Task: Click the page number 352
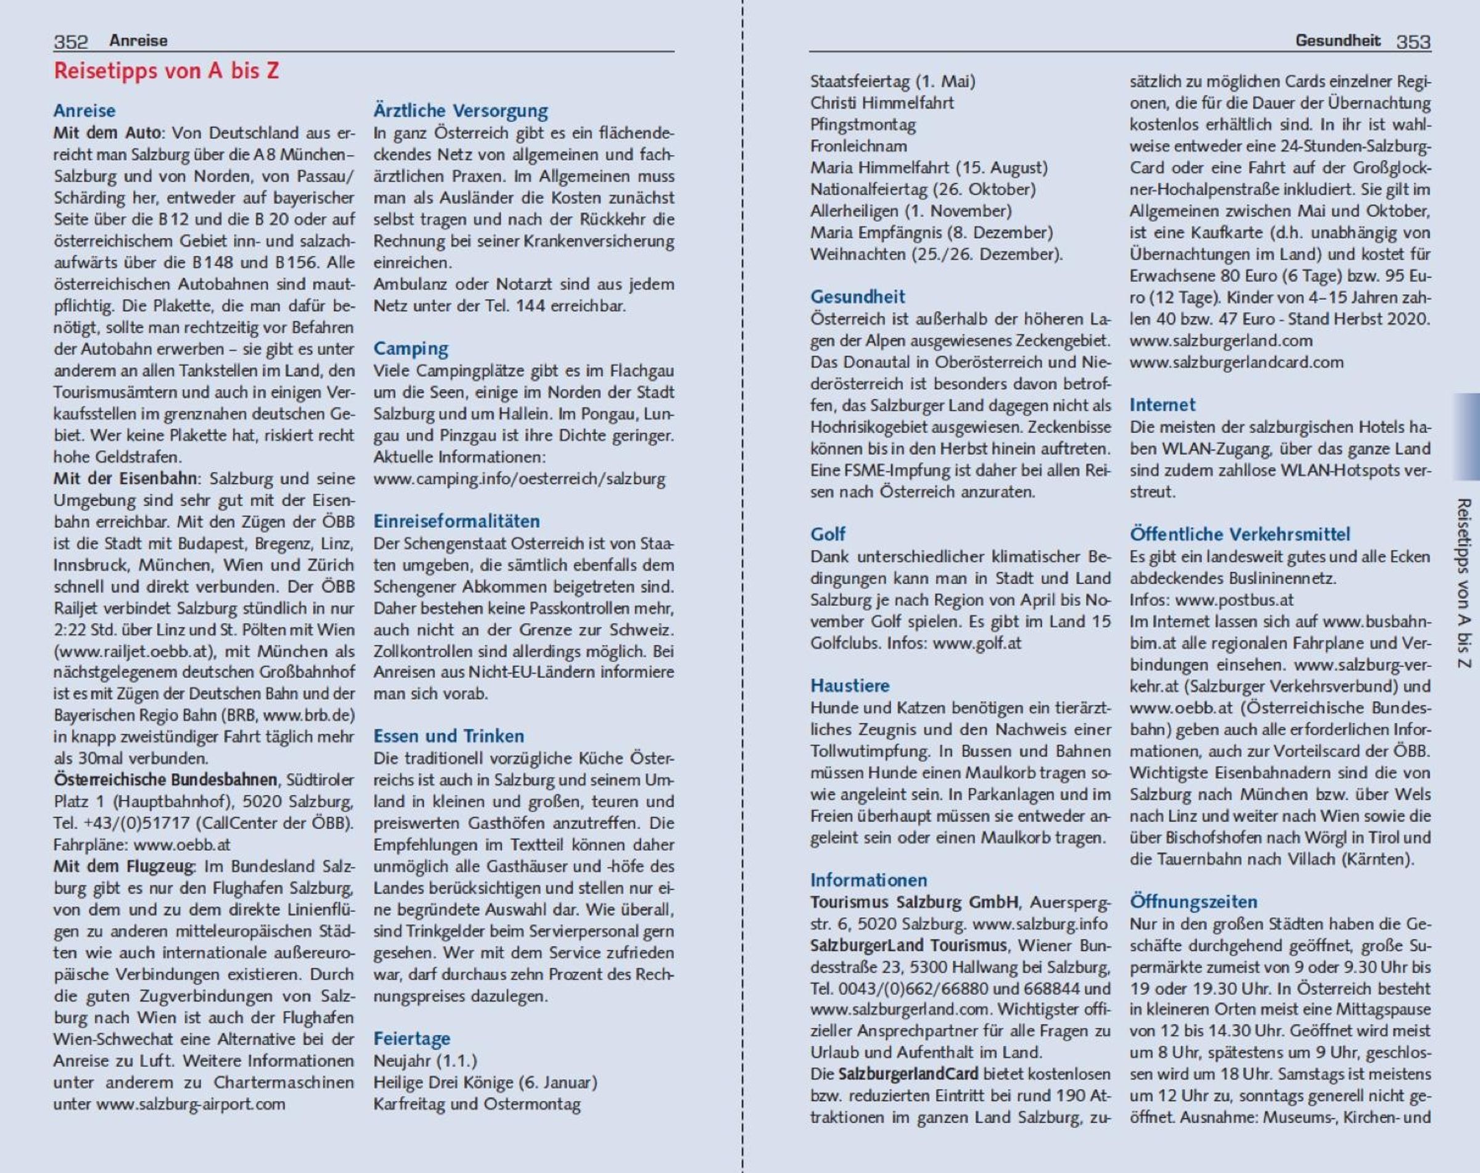pos(71,42)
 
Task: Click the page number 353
pos(1413,42)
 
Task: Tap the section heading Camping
pos(411,348)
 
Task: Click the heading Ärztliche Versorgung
pos(461,110)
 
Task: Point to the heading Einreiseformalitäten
pos(456,521)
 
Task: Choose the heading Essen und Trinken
pos(448,736)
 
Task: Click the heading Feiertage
pos(412,1039)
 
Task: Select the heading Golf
pos(828,534)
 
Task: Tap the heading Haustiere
pos(850,685)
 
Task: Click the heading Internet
pos(1162,405)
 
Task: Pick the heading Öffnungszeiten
pos(1194,901)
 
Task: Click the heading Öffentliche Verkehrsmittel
pos(1239,534)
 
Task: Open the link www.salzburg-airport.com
pos(190,1105)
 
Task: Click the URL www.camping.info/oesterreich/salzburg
pos(519,479)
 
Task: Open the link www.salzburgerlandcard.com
pos(1236,362)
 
